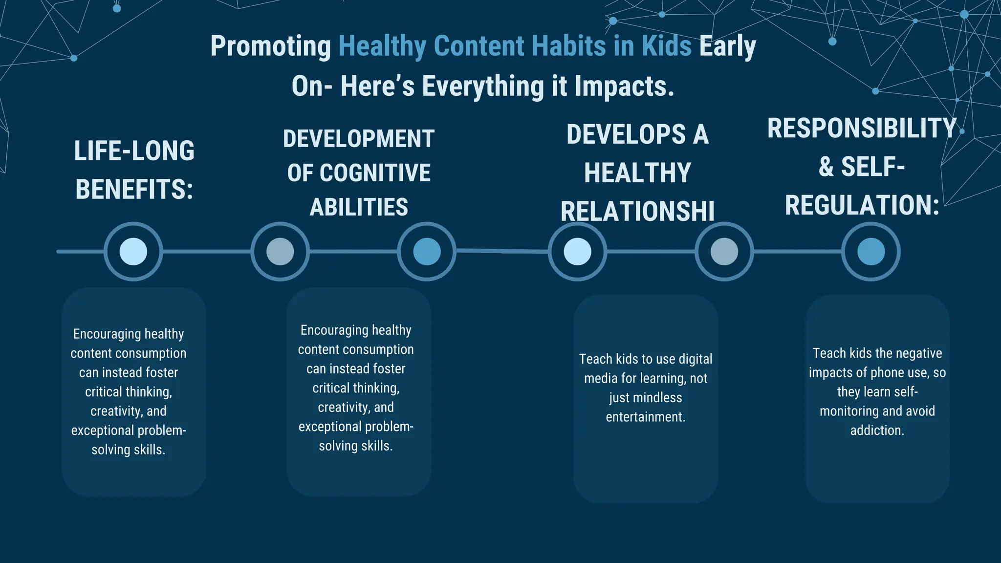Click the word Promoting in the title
[270, 46]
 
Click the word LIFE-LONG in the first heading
[134, 151]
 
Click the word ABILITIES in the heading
[359, 207]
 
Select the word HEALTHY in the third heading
[637, 173]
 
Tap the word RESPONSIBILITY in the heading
[862, 128]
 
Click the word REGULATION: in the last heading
[862, 205]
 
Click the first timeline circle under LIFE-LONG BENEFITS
[133, 252]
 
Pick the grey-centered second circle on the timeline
[280, 252]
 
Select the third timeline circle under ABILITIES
[427, 252]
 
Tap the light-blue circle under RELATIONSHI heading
[577, 252]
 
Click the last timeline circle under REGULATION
[871, 252]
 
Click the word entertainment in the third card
[645, 417]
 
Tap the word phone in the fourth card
[879, 373]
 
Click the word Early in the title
[727, 46]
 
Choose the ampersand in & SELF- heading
[826, 167]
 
